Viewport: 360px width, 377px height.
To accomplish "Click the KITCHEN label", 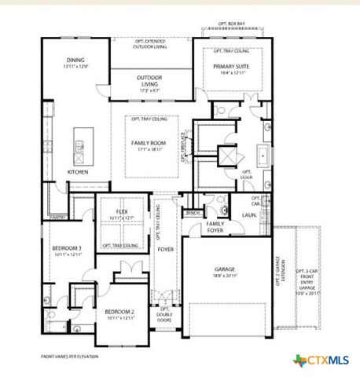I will pyautogui.click(x=77, y=171).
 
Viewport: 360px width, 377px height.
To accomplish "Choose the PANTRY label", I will pyautogui.click(x=57, y=216).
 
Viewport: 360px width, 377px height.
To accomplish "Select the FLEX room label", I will pyautogui.click(x=121, y=211).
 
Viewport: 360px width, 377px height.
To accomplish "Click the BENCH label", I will pyautogui.click(x=193, y=213).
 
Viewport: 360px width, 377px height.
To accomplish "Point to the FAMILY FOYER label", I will pyautogui.click(x=215, y=226).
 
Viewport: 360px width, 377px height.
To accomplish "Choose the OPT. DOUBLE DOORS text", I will pyautogui.click(x=165, y=315).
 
